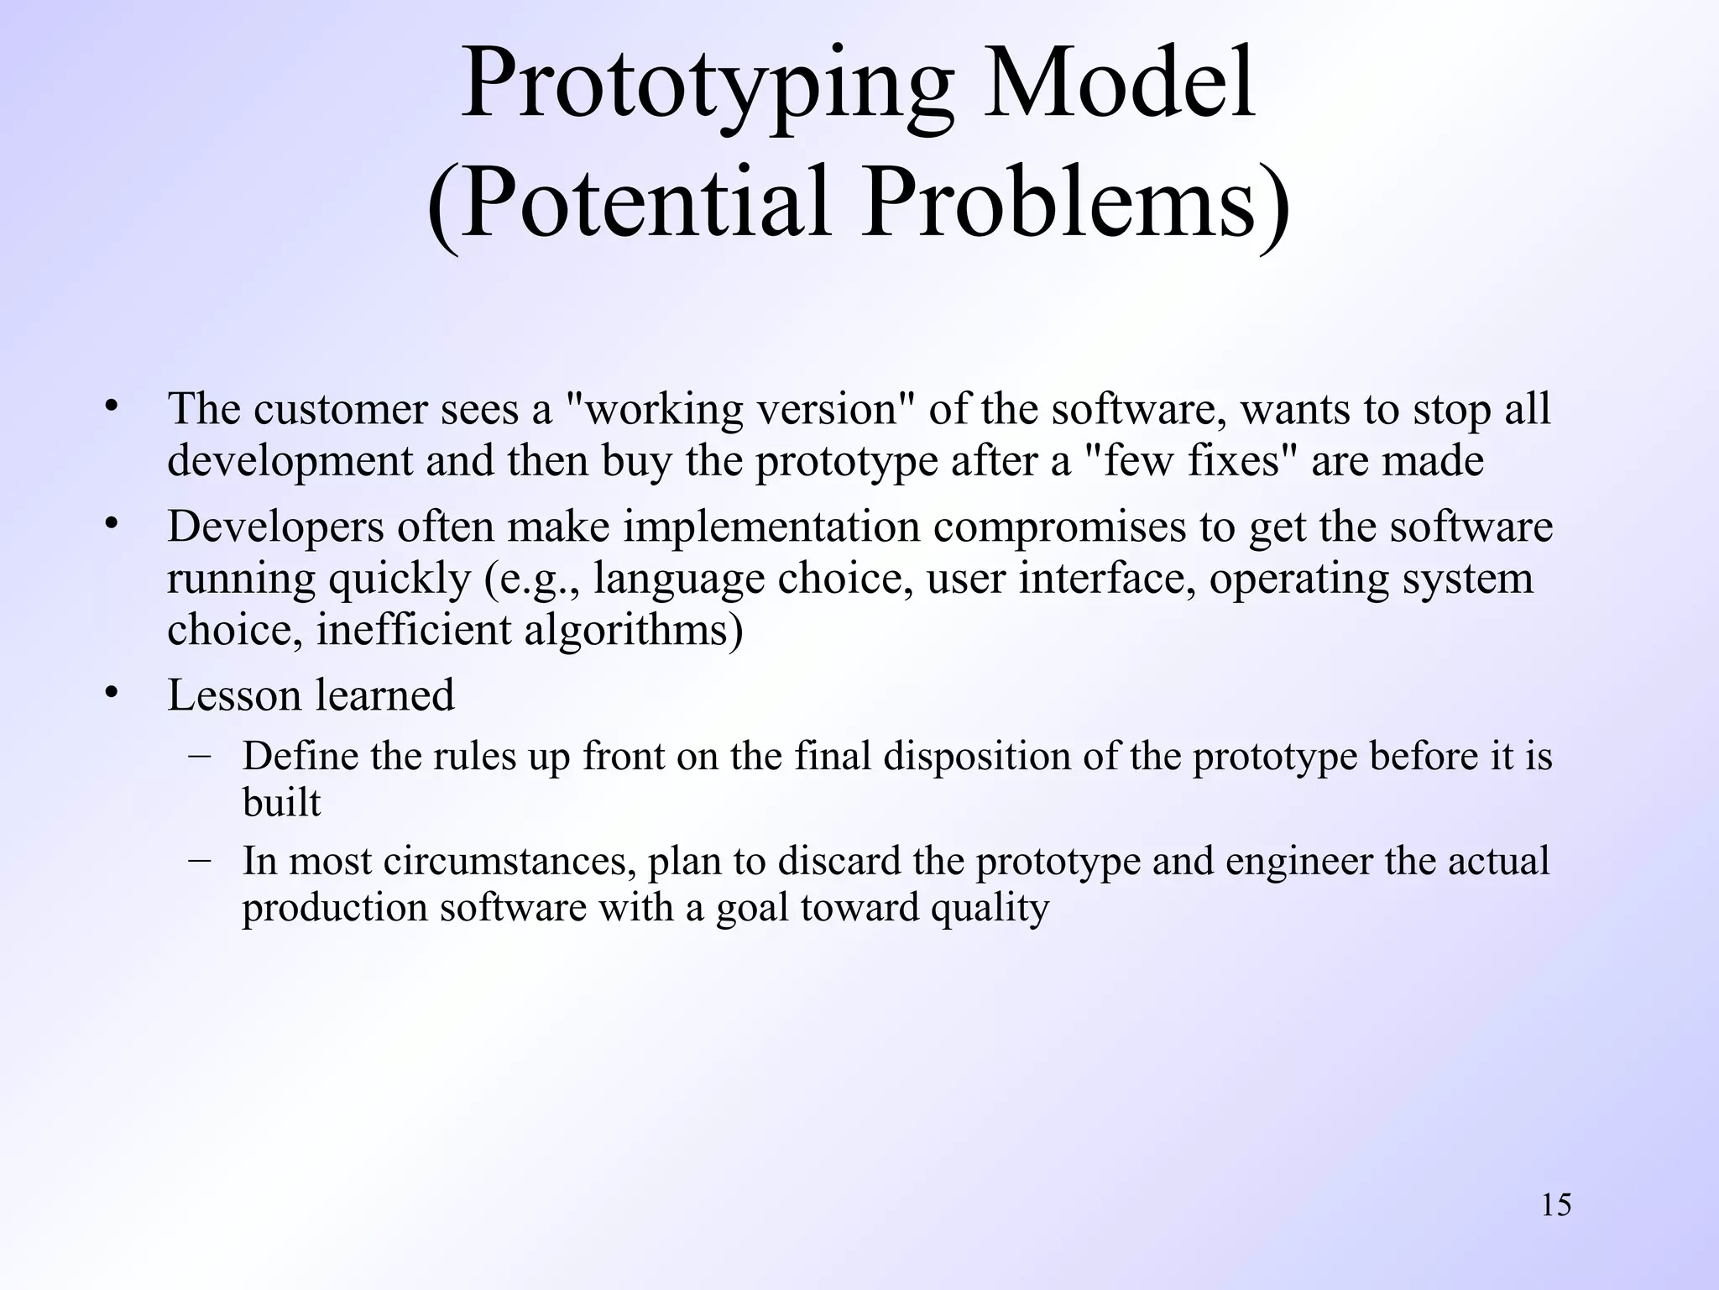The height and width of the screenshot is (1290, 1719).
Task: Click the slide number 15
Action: click(x=1556, y=1205)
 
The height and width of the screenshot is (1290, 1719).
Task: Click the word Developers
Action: click(x=274, y=528)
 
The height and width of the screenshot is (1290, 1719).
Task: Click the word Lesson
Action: click(x=234, y=695)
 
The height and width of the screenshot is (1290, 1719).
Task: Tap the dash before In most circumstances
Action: click(x=200, y=859)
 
